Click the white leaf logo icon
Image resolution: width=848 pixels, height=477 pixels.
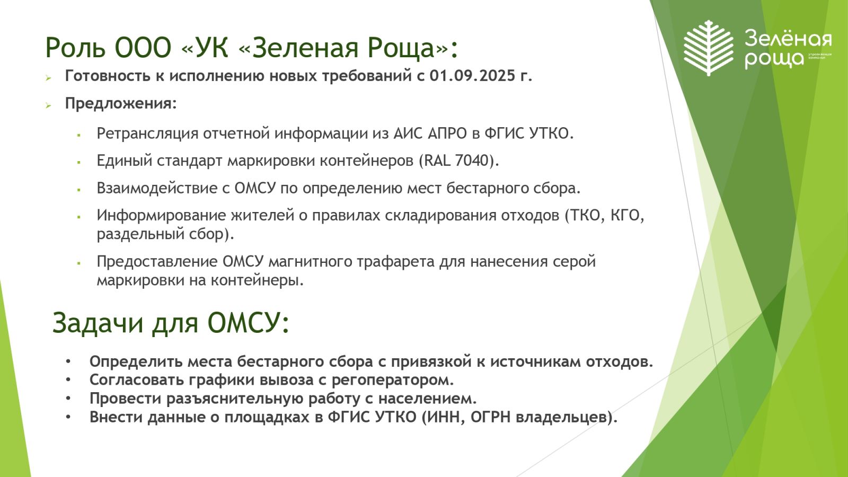(x=708, y=48)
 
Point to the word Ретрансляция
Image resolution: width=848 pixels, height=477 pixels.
(x=148, y=134)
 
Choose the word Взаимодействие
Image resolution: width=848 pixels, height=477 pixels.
(x=157, y=188)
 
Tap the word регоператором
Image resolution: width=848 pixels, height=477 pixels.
(x=393, y=380)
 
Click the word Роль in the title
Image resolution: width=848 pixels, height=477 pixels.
(x=75, y=48)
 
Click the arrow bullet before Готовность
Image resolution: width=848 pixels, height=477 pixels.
(x=48, y=78)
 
